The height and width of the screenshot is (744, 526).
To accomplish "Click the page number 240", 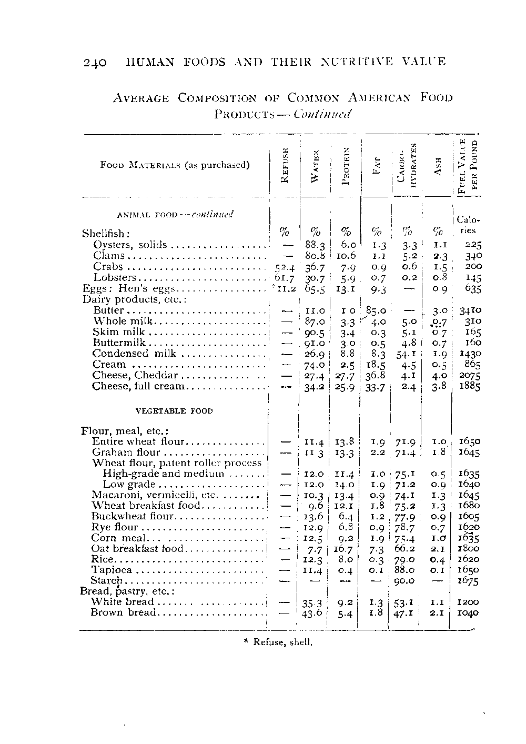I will point(95,63).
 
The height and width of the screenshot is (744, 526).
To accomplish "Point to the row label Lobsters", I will point(115,277).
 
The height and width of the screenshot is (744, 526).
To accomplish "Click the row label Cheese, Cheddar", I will point(135,375).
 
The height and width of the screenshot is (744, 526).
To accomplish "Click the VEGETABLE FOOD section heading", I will point(175,411).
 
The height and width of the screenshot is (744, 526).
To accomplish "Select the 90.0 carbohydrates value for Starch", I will point(405,580).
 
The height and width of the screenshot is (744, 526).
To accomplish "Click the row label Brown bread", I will point(124,612).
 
